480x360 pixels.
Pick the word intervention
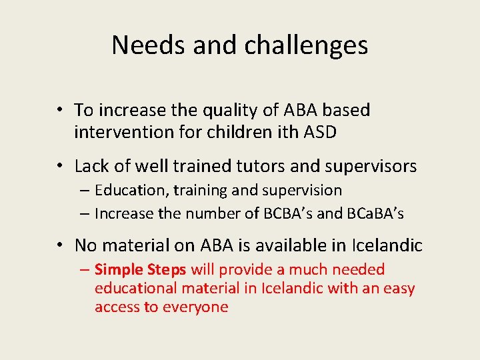tap(124, 132)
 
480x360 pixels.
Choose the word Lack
tap(91, 166)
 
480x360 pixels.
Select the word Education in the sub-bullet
tap(131, 191)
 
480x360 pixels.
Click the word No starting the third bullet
tap(85, 245)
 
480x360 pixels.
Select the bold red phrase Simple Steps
tap(141, 269)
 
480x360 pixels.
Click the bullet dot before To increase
tap(60, 111)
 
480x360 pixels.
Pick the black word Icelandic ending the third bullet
tap(389, 245)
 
